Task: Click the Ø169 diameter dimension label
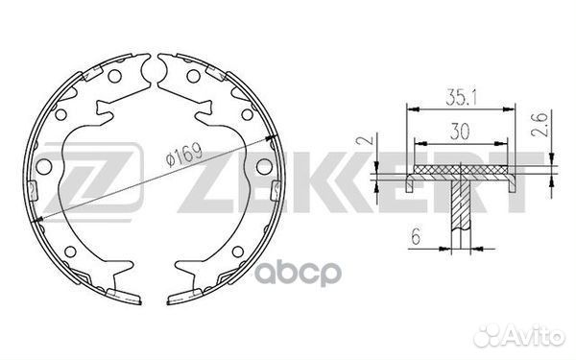coord(183,155)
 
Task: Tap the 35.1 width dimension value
coord(461,97)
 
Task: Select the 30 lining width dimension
coord(460,132)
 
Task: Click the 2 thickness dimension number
coord(369,139)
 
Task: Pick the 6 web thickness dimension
coord(416,236)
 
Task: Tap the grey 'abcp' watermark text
coord(299,273)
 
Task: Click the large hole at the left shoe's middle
coord(44,167)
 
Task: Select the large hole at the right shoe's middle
coord(264,166)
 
